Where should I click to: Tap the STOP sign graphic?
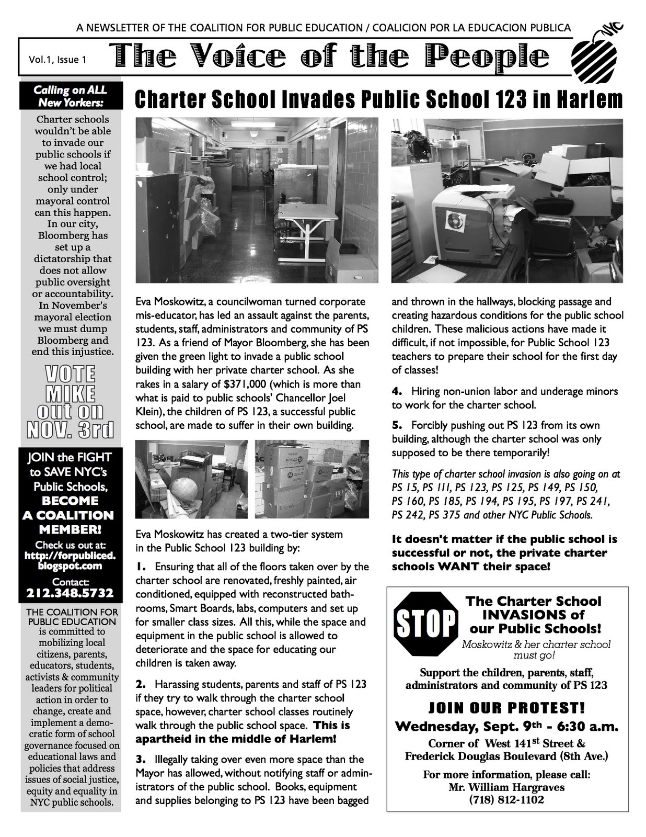[424, 624]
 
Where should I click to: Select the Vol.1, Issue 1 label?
[57, 60]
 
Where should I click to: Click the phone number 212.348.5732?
[70, 593]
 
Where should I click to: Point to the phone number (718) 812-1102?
[506, 799]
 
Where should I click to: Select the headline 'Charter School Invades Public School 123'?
[378, 99]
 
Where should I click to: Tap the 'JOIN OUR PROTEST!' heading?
[506, 708]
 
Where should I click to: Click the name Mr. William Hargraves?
[506, 787]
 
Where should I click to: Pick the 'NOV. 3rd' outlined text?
[70, 429]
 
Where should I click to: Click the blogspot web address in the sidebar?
[70, 560]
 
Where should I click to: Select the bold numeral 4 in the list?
[396, 391]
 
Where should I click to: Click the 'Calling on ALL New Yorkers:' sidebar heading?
[70, 96]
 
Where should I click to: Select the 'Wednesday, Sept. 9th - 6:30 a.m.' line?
[506, 726]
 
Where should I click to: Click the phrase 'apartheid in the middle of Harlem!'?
[236, 739]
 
